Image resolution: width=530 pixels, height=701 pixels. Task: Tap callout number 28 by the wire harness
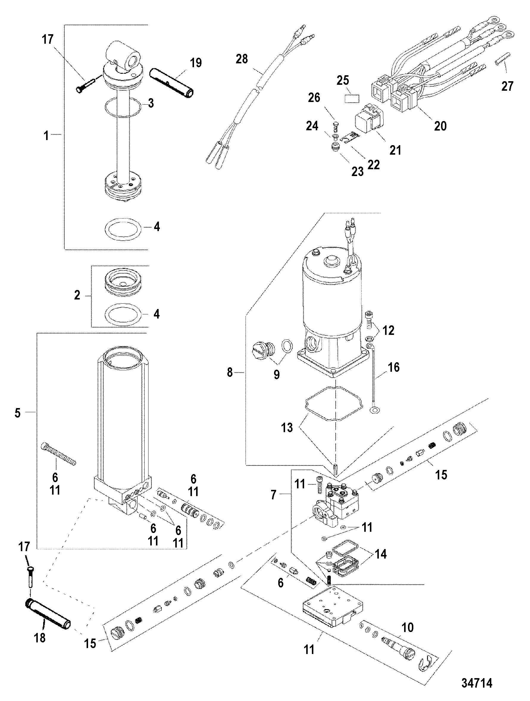(242, 59)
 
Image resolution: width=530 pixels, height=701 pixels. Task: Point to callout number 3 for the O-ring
(151, 103)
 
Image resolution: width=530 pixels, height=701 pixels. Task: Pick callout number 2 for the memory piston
(77, 295)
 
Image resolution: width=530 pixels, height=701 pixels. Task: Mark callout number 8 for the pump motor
(230, 372)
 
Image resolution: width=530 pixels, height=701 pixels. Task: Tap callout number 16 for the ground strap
(394, 367)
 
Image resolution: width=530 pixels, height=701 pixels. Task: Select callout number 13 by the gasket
(287, 427)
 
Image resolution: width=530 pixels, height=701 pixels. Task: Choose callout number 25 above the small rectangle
(343, 81)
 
